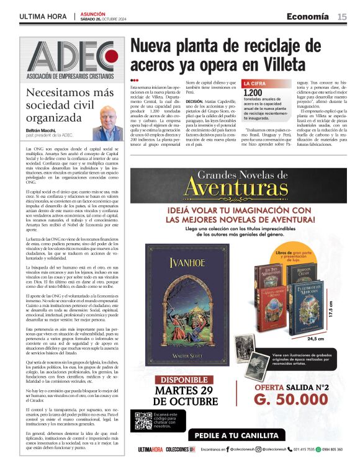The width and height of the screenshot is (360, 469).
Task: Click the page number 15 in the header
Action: click(342, 17)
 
